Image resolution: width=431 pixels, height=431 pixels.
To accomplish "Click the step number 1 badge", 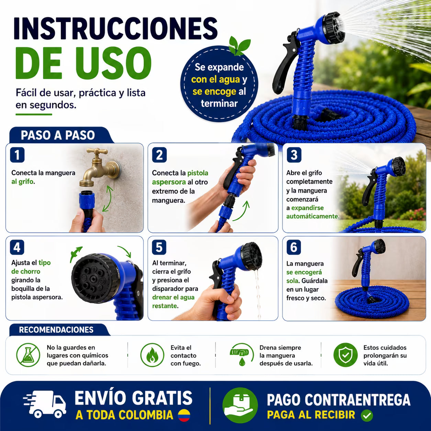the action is [x=17, y=155].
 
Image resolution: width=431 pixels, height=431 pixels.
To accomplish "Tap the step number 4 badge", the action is [x=17, y=247].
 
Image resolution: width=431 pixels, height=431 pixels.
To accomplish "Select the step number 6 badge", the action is [x=294, y=247].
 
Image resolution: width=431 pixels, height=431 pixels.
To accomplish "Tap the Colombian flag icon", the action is [x=184, y=415].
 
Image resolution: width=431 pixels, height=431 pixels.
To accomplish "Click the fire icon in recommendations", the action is [x=152, y=355].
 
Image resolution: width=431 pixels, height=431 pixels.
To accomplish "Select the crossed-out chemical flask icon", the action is [x=28, y=355].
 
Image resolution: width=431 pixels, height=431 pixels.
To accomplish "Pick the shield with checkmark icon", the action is [x=345, y=355].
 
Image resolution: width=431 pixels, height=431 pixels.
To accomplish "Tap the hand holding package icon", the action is [x=240, y=405].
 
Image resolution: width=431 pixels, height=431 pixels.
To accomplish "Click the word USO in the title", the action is [x=113, y=63].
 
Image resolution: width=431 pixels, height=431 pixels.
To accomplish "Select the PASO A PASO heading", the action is [x=58, y=135].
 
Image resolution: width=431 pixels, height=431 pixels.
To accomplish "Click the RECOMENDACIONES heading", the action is [x=56, y=330].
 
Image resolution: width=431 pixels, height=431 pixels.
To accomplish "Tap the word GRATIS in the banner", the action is [x=162, y=398].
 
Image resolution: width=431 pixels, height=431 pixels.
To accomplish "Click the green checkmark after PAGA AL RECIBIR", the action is [x=367, y=415].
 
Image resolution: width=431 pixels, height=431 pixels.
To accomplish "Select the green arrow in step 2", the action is [x=242, y=211].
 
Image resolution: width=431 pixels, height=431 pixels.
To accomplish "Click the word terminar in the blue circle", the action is [x=219, y=103].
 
